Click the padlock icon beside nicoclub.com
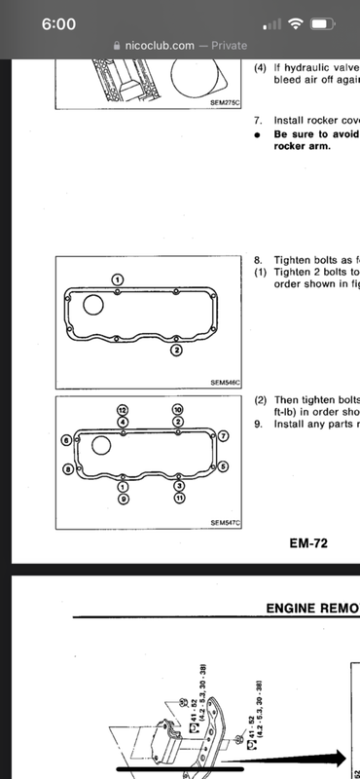click(117, 45)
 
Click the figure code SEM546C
click(226, 383)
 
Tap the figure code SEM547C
click(226, 523)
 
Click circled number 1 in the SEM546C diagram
click(117, 279)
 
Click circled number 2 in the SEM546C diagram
click(176, 351)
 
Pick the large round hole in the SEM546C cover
click(93, 305)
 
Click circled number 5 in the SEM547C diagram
click(223, 466)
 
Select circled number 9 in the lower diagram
click(123, 498)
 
